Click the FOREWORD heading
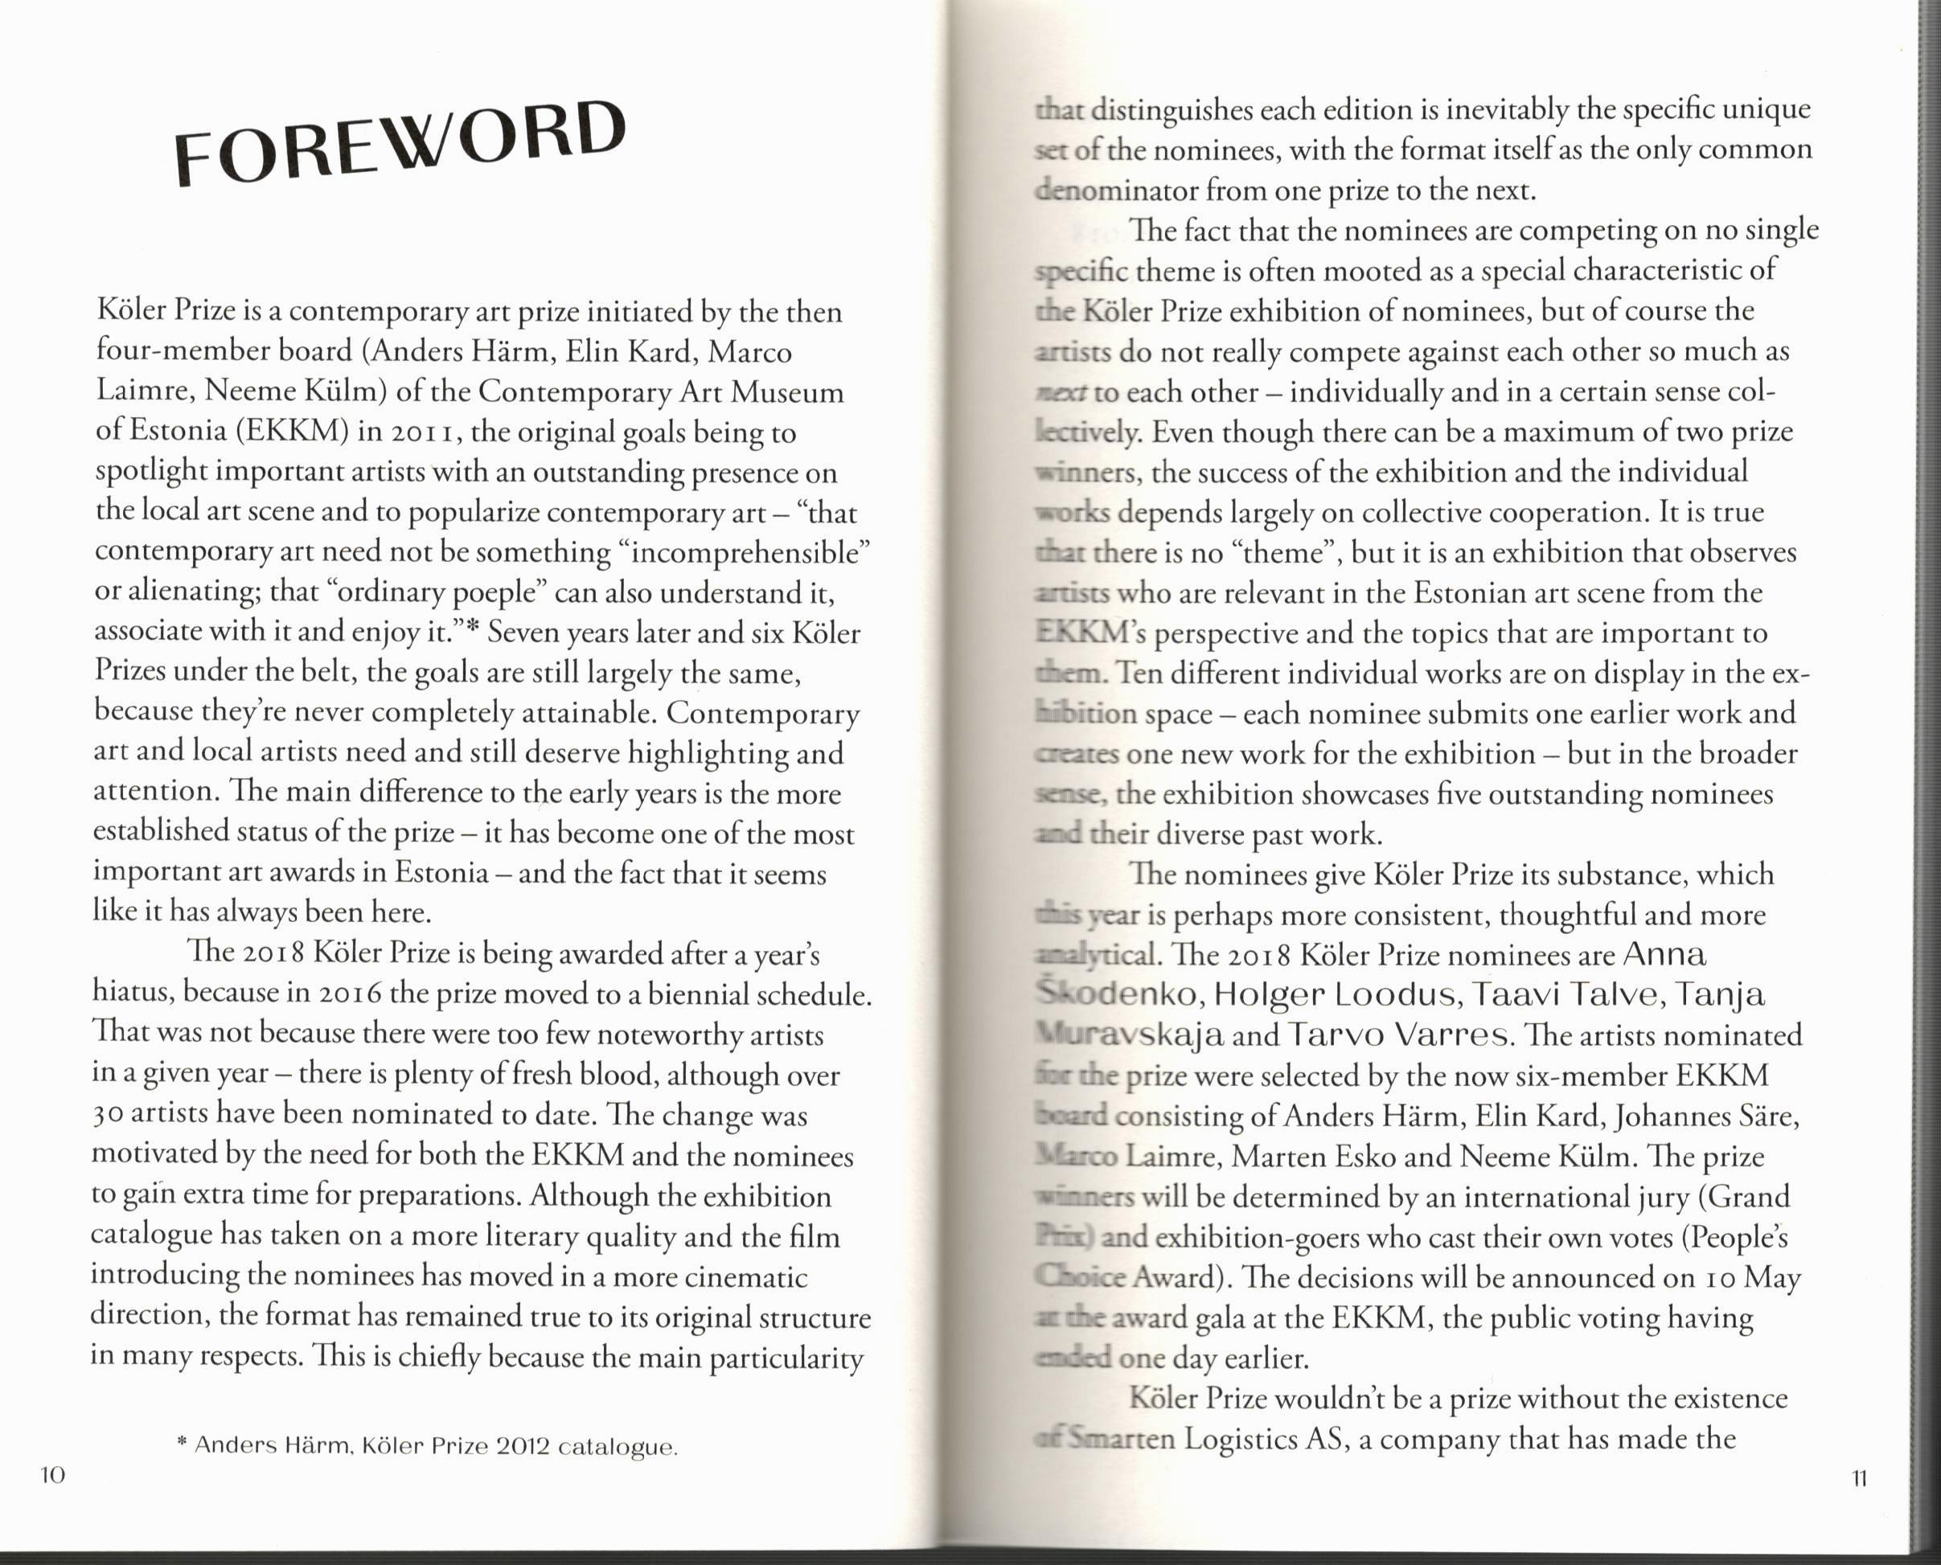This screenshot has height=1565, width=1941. point(400,141)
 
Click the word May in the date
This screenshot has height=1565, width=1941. point(1772,1276)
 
